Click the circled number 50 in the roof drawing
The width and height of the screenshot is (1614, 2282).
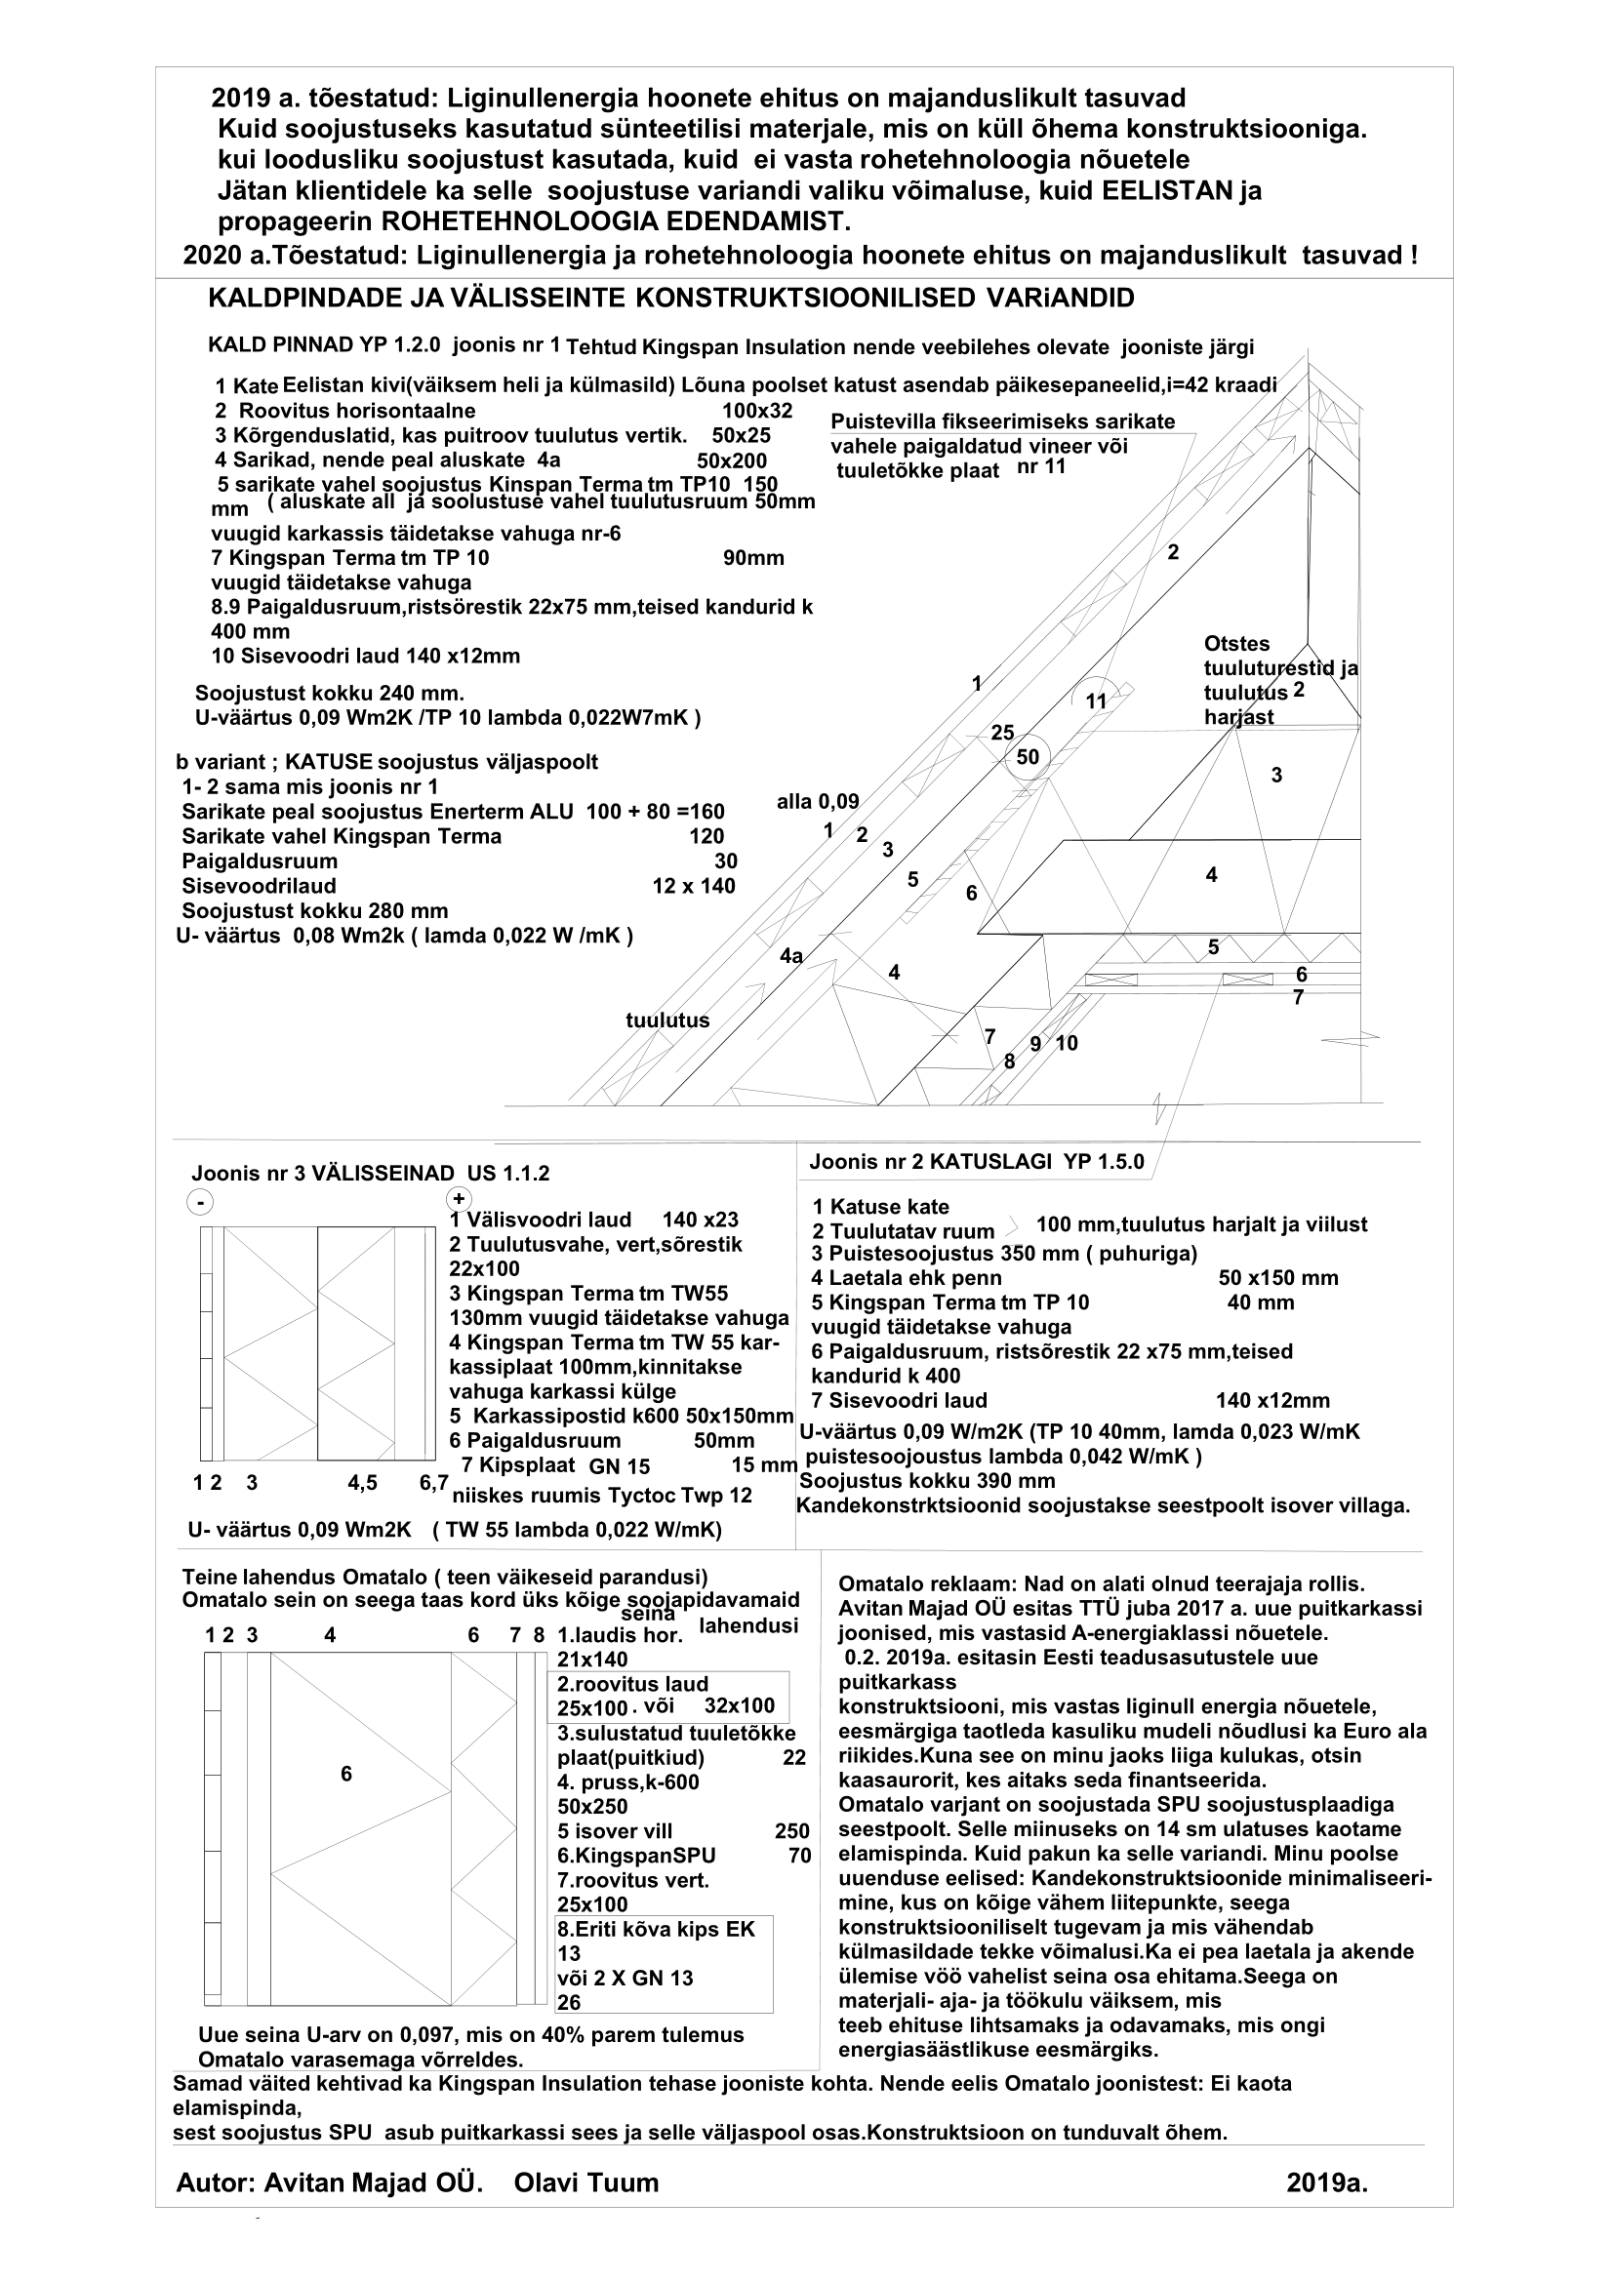point(1028,757)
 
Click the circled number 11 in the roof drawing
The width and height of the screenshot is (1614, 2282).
point(1095,701)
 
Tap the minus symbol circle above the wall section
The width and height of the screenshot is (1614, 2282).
point(200,1203)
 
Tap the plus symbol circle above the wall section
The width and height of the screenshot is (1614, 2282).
point(460,1199)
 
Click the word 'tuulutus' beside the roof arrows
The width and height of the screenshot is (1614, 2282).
point(666,1020)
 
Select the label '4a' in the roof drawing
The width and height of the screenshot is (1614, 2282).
point(791,956)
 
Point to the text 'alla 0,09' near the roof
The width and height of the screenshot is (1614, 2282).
point(817,802)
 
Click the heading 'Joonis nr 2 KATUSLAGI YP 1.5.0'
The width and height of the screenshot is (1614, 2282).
point(976,1162)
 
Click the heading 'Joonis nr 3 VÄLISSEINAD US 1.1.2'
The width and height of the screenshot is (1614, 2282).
point(370,1173)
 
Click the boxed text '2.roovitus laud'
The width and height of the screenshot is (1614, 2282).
point(632,1684)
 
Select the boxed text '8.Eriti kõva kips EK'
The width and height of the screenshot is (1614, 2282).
point(656,1929)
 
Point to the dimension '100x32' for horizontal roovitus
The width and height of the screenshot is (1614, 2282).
point(756,411)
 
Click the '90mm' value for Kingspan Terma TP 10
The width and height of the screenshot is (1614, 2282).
point(753,559)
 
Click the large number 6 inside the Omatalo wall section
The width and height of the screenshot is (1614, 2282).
point(345,1774)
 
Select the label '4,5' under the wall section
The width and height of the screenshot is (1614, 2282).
point(362,1483)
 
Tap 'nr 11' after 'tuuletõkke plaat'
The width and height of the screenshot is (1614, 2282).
point(1040,467)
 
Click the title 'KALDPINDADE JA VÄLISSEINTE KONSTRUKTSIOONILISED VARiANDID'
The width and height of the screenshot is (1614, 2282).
point(670,299)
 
